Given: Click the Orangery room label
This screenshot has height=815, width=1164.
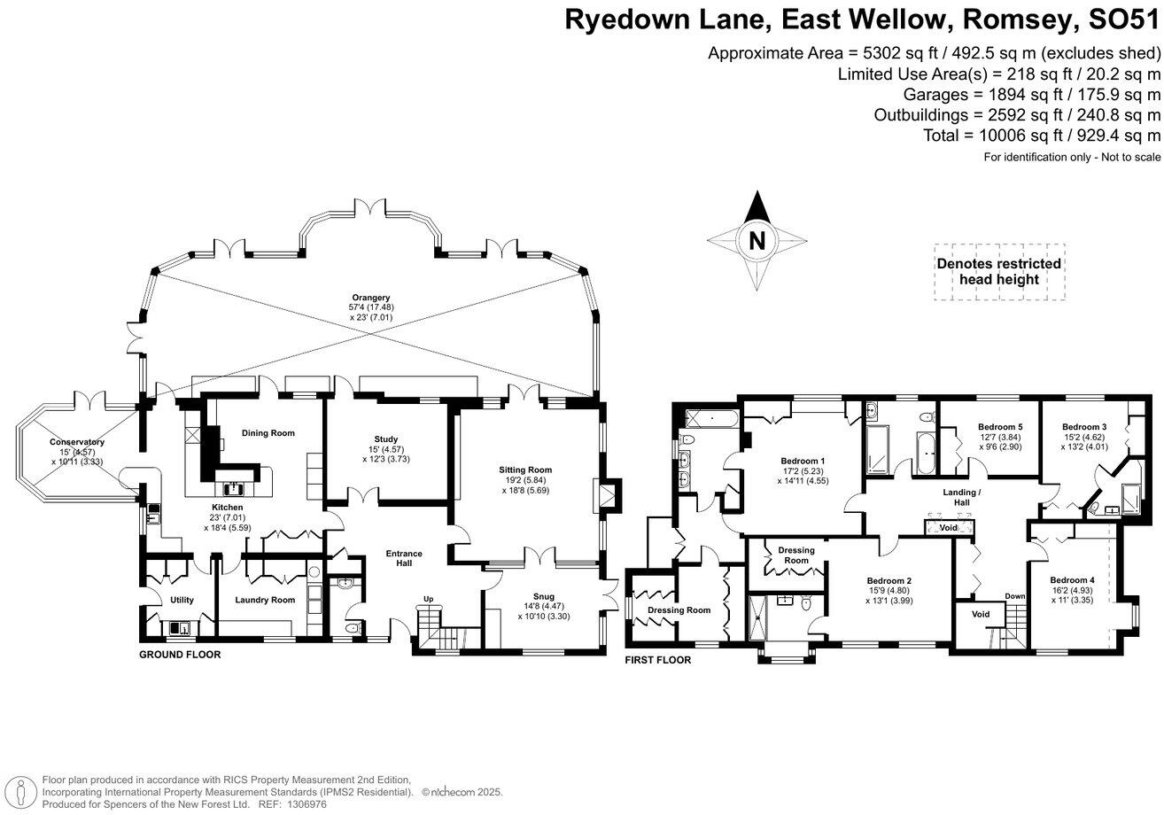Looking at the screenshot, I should pyautogui.click(x=369, y=298).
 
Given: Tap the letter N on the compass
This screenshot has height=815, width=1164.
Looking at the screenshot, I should pyautogui.click(x=757, y=240).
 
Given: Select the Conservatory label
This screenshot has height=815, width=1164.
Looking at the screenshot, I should pyautogui.click(x=77, y=442).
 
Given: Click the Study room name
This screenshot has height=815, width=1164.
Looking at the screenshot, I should pyautogui.click(x=385, y=439).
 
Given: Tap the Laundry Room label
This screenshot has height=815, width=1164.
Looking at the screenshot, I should pyautogui.click(x=265, y=600).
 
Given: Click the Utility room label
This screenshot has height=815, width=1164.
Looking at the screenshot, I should pyautogui.click(x=181, y=600).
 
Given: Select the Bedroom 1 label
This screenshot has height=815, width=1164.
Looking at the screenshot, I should pyautogui.click(x=803, y=461).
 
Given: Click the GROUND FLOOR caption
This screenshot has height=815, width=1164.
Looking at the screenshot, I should pyautogui.click(x=180, y=655).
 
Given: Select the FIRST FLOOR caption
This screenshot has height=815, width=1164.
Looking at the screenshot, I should pyautogui.click(x=658, y=660).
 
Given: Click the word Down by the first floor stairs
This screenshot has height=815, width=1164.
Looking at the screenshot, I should pyautogui.click(x=1014, y=596).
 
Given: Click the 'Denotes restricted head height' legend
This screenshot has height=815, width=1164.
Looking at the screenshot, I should pyautogui.click(x=999, y=271).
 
